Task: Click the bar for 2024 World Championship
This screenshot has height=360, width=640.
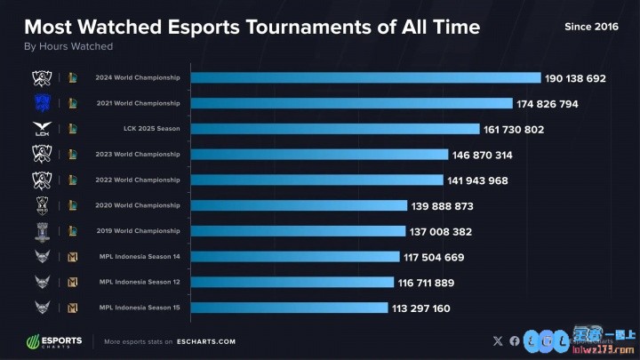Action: tap(364, 78)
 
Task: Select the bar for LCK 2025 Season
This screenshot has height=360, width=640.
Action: tap(334, 129)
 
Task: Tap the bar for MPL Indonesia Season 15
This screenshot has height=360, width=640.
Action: tap(288, 308)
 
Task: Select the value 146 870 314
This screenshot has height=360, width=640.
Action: tap(482, 155)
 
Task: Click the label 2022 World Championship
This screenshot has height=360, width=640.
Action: tap(138, 180)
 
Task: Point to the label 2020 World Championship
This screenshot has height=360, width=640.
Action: tap(138, 206)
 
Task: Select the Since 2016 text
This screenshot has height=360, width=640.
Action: tap(590, 27)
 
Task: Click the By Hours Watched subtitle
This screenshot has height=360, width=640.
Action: tap(68, 46)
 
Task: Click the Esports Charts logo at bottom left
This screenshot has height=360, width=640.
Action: tap(54, 340)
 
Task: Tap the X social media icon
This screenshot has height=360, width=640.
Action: tap(497, 340)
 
